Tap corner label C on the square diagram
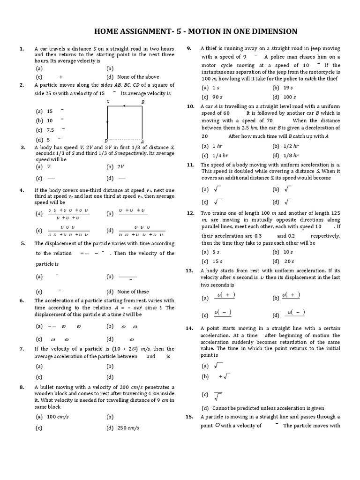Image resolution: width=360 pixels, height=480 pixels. pyautogui.click(x=108, y=102)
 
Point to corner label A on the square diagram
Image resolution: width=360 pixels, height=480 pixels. pyautogui.click(x=142, y=142)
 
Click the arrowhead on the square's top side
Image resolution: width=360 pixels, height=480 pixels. pyautogui.click(x=123, y=106)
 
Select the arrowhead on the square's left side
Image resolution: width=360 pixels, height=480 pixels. pyautogui.click(x=108, y=122)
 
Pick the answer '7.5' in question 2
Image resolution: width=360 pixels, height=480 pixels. pyautogui.click(x=51, y=130)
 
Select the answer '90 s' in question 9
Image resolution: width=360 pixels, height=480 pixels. pyautogui.click(x=216, y=97)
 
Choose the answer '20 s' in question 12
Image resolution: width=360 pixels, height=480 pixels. pyautogui.click(x=289, y=262)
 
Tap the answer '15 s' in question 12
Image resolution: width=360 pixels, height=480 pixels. pyautogui.click(x=217, y=262)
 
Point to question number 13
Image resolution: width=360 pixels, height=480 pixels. pyautogui.click(x=189, y=270)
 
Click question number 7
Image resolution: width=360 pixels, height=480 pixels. pyautogui.click(x=22, y=349)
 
